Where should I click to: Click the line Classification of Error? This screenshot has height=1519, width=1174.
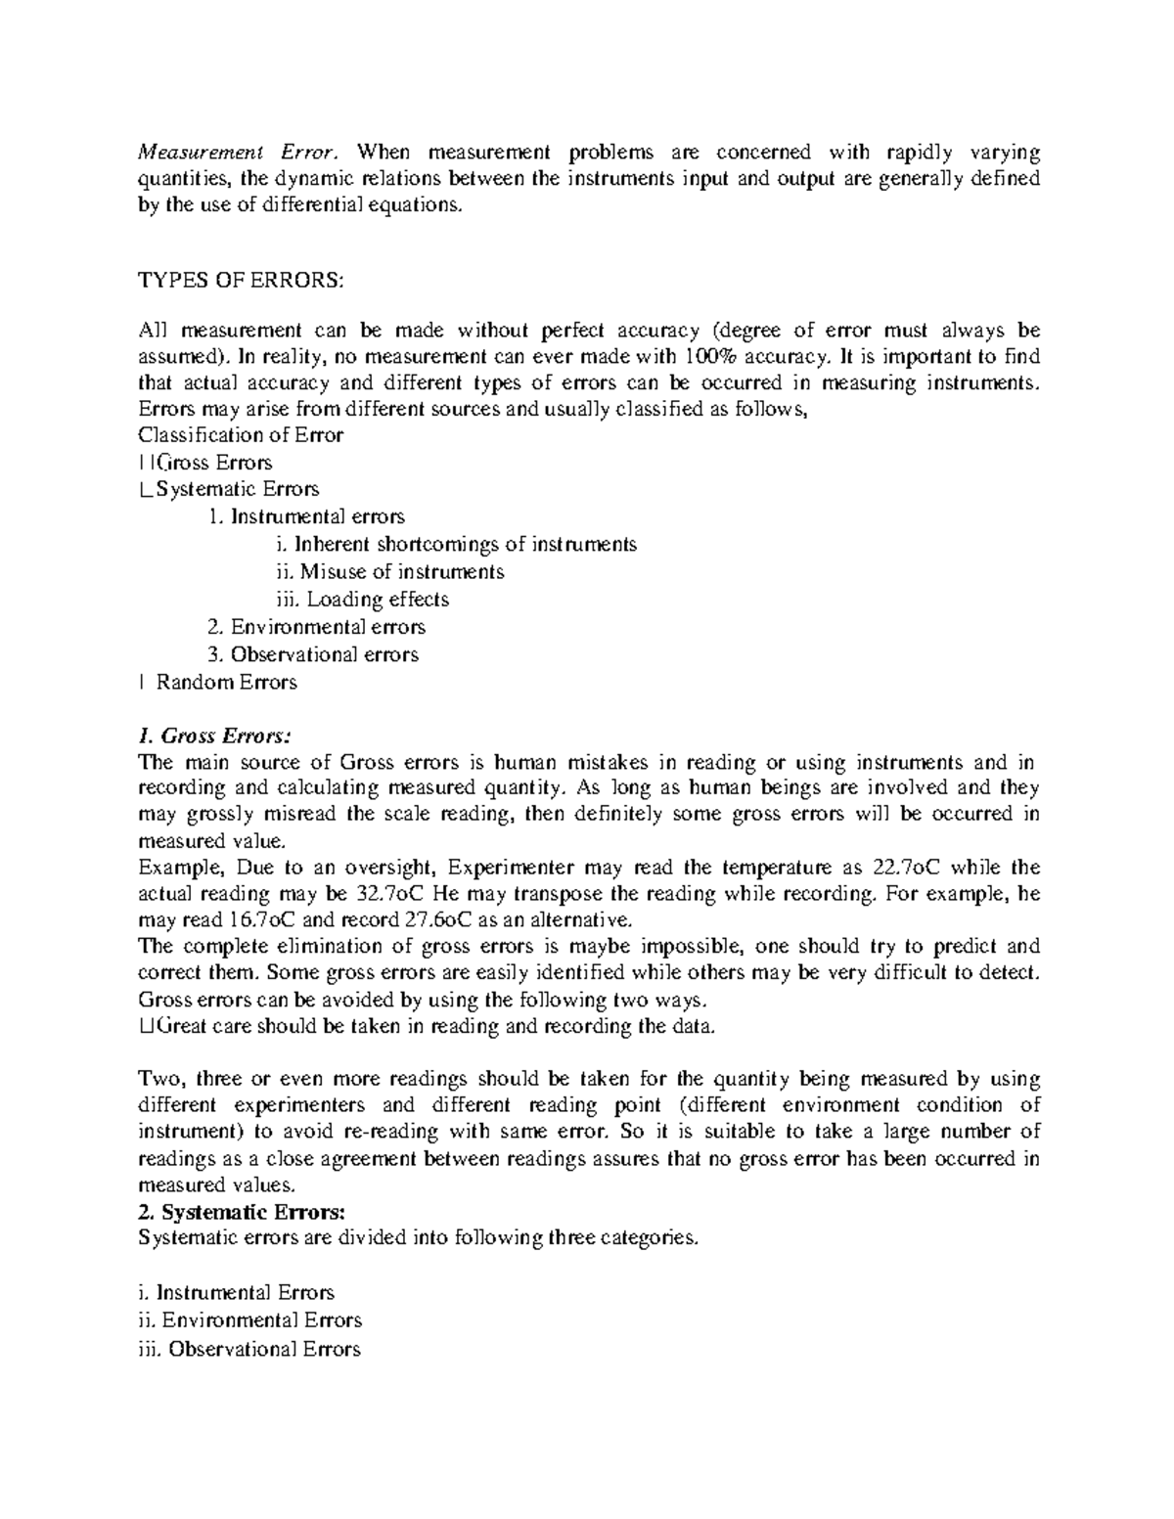(241, 435)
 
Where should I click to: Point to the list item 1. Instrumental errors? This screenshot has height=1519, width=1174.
(306, 515)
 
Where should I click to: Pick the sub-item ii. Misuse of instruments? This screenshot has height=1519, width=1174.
(390, 571)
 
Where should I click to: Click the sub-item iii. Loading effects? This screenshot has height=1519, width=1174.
(363, 599)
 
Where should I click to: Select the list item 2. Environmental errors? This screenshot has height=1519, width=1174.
(316, 627)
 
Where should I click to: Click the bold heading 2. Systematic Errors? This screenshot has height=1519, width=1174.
(242, 1212)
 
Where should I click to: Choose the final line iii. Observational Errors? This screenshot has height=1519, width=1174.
(249, 1350)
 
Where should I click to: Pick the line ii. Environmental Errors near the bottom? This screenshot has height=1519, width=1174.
(250, 1320)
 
